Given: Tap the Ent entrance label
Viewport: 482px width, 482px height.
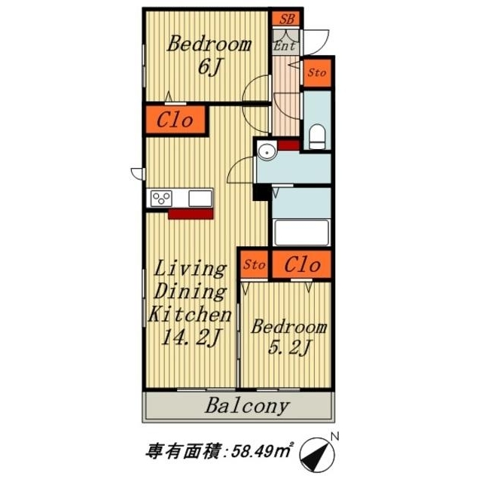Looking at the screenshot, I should (284, 46).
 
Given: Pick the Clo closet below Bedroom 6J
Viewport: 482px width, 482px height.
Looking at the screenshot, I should (175, 120).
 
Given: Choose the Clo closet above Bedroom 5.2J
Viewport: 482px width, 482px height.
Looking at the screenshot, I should (302, 264).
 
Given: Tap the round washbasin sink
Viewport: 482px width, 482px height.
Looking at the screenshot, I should (267, 152).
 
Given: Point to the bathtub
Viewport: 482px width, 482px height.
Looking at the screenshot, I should (302, 232).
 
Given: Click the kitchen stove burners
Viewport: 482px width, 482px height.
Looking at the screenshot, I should (161, 198).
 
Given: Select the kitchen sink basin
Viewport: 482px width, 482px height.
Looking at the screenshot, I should (200, 198).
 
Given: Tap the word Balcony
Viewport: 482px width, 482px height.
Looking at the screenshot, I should (247, 407).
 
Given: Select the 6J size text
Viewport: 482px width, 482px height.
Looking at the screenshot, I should (208, 68).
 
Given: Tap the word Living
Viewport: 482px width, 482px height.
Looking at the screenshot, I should (191, 268).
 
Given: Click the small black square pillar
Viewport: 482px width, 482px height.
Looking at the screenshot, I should (261, 192).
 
